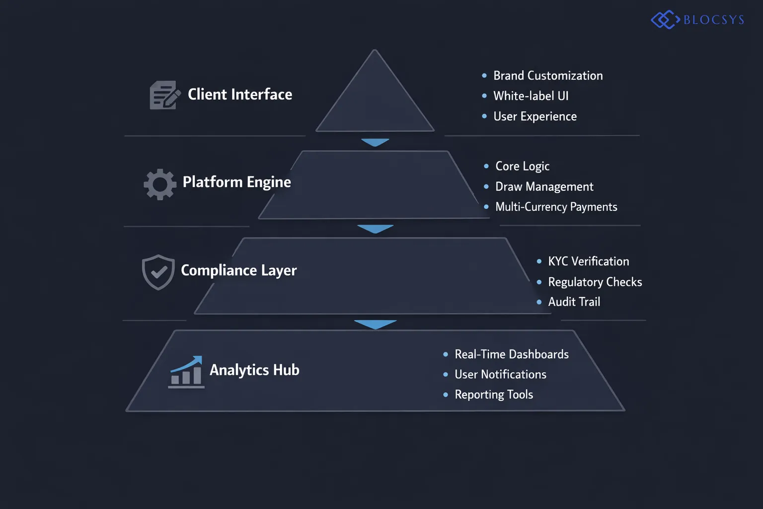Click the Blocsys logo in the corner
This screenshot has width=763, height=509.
(697, 20)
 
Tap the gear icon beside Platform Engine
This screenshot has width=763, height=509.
(160, 184)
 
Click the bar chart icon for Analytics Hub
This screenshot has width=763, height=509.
(186, 372)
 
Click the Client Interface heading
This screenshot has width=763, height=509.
(240, 94)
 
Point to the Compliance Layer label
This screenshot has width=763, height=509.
(238, 270)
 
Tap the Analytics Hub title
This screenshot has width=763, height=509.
(254, 370)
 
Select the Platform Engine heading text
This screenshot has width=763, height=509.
(236, 182)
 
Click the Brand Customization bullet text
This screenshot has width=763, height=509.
(548, 76)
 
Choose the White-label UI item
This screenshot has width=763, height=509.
(531, 96)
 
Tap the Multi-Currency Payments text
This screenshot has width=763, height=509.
(556, 207)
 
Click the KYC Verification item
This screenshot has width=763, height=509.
(588, 261)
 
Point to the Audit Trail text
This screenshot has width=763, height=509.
(574, 302)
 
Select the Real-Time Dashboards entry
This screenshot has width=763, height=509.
(512, 354)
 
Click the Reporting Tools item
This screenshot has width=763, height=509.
(494, 395)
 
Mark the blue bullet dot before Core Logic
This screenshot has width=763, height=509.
(486, 166)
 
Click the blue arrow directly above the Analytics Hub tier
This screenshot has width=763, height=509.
(375, 324)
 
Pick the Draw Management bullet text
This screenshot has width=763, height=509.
(544, 187)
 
